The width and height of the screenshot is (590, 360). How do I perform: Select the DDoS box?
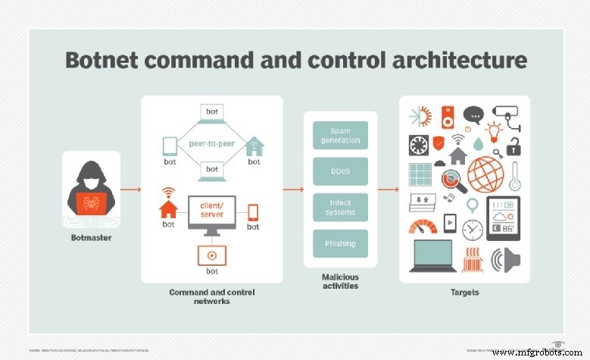[340, 171]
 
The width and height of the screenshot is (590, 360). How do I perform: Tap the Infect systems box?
[340, 207]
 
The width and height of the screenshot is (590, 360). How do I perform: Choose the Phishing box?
[340, 243]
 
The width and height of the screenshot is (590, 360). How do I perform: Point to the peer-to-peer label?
[211, 142]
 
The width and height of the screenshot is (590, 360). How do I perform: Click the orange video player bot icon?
[211, 256]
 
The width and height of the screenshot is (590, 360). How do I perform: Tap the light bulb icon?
[495, 130]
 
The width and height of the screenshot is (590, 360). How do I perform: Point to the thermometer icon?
[515, 176]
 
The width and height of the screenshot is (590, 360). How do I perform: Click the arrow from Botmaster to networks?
[130, 189]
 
